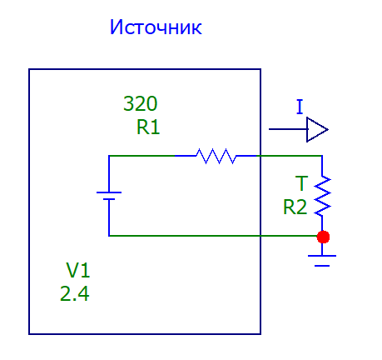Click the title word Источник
tap(156, 27)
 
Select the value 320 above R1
tap(141, 103)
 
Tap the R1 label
tap(148, 127)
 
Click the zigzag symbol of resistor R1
tap(216, 156)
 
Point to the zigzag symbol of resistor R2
tap(322, 196)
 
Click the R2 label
tap(295, 207)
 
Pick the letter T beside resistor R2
tap(301, 183)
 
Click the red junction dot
tap(323, 237)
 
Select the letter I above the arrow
tap(300, 107)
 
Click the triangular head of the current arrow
tap(317, 129)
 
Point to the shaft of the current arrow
tap(288, 129)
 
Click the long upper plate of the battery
tap(109, 192)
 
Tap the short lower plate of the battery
tap(109, 199)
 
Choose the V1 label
tap(78, 270)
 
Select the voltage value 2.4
tap(75, 294)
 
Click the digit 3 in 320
tap(127, 103)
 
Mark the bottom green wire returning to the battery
tap(213, 236)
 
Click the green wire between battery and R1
tap(141, 156)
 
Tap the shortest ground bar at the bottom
tap(322, 266)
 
